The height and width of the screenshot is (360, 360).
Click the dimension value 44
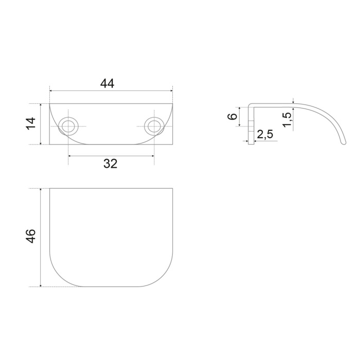[x=107, y=83]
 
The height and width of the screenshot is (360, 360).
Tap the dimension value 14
[x=31, y=123]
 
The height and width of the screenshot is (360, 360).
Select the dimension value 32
[x=111, y=164]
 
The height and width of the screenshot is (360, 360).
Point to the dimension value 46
[x=31, y=236]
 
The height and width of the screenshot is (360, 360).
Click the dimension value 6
[x=232, y=116]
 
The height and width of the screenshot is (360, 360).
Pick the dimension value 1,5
[x=287, y=120]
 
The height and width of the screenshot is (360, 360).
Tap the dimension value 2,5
[x=265, y=134]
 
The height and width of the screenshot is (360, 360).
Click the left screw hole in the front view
[x=68, y=127]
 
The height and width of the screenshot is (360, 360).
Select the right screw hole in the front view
[x=154, y=127]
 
